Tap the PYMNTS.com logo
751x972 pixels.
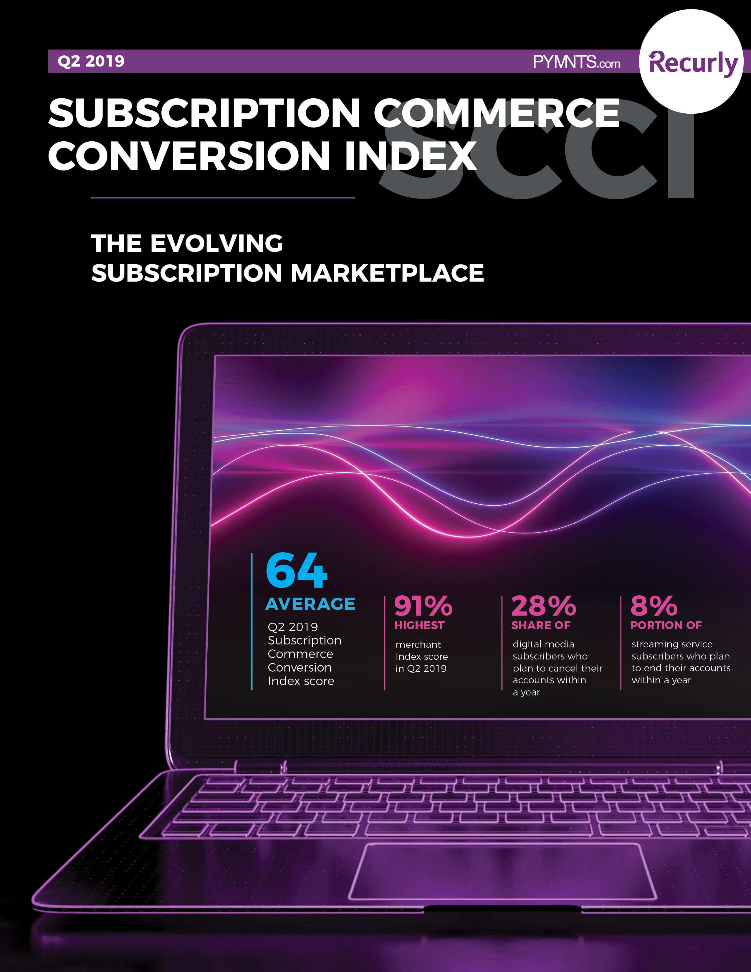576,62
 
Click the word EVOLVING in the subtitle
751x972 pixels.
216,244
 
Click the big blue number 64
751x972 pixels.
296,571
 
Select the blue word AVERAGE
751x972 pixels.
310,604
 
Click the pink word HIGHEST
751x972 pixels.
419,625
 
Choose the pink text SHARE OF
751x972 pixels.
540,625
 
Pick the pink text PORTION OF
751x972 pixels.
666,625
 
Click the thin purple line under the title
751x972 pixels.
222,197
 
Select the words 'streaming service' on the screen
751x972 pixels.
672,644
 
